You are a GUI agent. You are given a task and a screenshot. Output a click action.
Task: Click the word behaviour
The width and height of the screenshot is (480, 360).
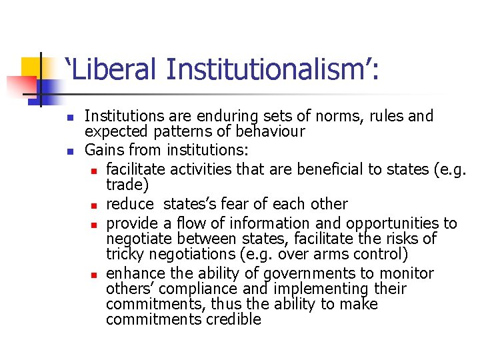click(266, 132)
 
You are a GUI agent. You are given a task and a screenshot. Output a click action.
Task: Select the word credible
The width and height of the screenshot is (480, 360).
click(234, 319)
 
